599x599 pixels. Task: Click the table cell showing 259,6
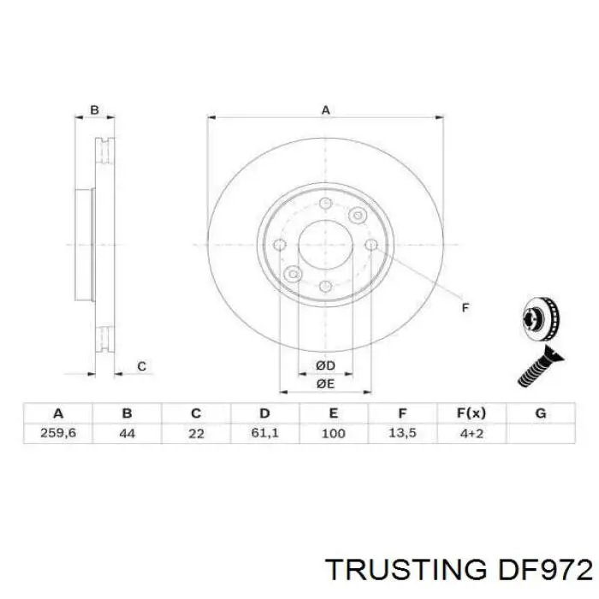(x=58, y=434)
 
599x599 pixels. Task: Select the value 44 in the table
(x=127, y=434)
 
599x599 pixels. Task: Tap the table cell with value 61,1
(x=264, y=434)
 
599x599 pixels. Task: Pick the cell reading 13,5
(x=402, y=434)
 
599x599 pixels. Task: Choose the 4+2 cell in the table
(x=471, y=434)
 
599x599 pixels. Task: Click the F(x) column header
(x=471, y=412)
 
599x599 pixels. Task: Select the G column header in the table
(x=540, y=412)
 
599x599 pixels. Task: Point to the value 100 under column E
(x=333, y=434)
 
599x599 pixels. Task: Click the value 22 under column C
(x=196, y=434)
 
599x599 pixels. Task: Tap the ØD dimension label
(x=325, y=365)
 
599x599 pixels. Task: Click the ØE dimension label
(x=325, y=385)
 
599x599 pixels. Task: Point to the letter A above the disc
(x=325, y=110)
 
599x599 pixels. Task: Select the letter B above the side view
(x=95, y=110)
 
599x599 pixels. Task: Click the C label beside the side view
(x=142, y=366)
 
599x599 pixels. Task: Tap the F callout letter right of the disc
(x=466, y=306)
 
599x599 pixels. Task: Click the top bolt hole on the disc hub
(x=325, y=204)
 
